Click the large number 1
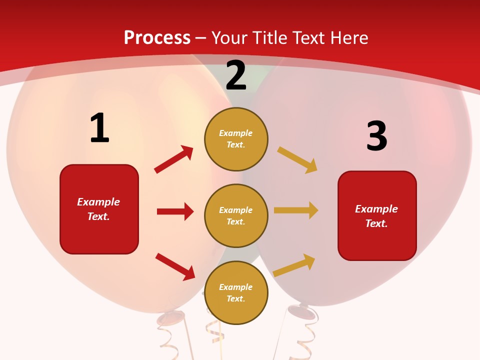click(x=99, y=128)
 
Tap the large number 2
click(x=236, y=76)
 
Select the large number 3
click(x=377, y=136)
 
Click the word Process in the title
click(x=157, y=37)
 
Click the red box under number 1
click(x=99, y=209)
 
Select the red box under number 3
click(x=377, y=216)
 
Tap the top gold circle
click(x=236, y=139)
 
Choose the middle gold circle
click(x=236, y=215)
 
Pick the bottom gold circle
click(x=236, y=292)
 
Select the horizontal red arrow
click(x=175, y=211)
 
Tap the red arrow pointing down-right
click(x=175, y=266)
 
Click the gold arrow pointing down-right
click(x=297, y=160)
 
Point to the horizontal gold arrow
click(x=296, y=210)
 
